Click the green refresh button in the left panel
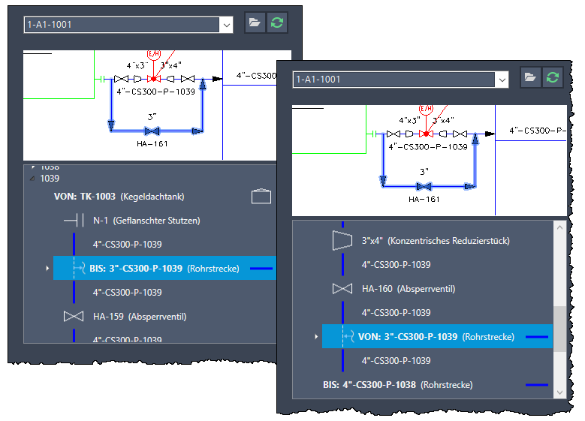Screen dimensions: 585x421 (277, 23)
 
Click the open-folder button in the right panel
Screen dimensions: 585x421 (530, 77)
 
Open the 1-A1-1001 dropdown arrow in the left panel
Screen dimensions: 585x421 (227, 25)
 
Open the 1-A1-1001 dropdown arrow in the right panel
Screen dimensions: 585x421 (502, 80)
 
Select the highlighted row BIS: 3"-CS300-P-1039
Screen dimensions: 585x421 (164, 268)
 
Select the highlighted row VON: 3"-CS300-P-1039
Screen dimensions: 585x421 (437, 336)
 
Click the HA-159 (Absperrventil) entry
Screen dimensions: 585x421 (140, 317)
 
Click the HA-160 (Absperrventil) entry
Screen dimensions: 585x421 (409, 289)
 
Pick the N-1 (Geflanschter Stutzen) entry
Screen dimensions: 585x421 (146, 221)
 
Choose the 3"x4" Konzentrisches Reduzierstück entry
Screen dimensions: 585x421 (436, 241)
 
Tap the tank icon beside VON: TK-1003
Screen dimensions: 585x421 (261, 196)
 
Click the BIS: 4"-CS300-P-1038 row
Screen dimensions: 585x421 (398, 384)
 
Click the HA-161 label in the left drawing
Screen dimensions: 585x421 (152, 143)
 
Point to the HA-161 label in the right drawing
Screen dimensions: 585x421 (424, 199)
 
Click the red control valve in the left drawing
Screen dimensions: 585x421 (154, 79)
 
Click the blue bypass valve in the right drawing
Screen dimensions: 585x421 (424, 186)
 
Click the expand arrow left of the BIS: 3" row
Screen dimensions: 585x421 (47, 268)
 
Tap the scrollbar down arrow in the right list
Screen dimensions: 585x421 (559, 392)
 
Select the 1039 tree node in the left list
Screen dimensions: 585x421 (50, 179)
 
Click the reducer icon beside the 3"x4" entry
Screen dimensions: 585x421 (342, 241)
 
